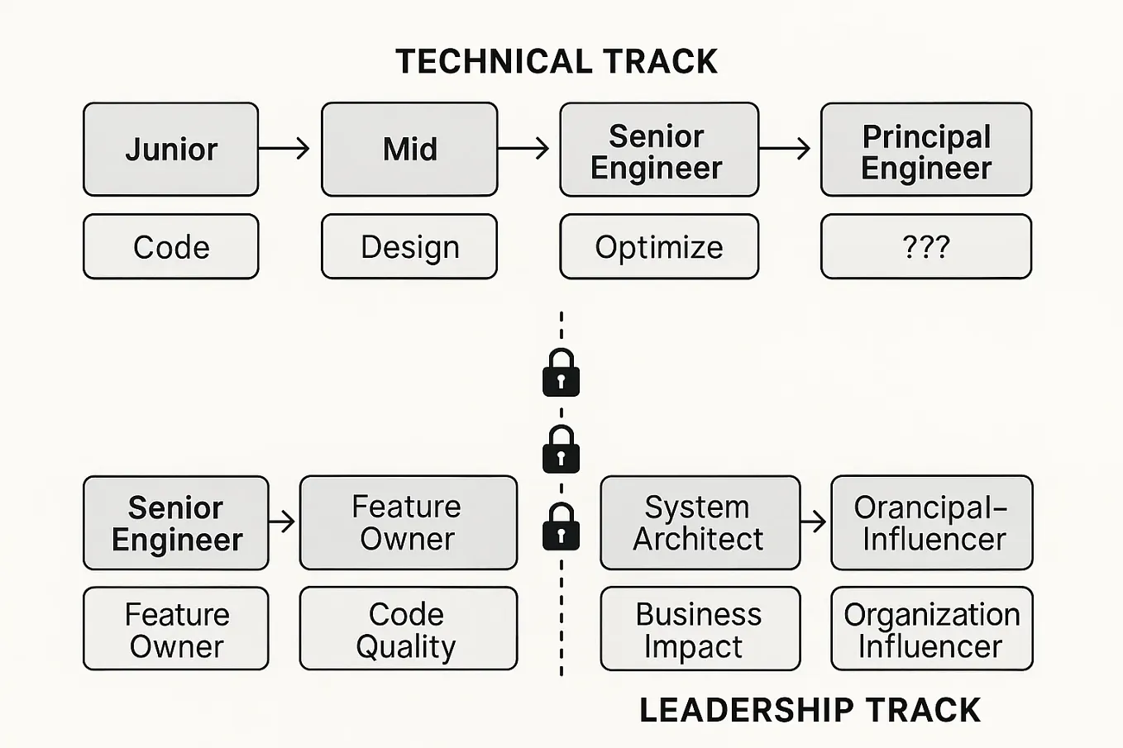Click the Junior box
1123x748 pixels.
(x=171, y=150)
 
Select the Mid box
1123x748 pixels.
(x=409, y=150)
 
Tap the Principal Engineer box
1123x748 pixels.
(x=926, y=150)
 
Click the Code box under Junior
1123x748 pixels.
(x=171, y=247)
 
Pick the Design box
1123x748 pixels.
(x=409, y=247)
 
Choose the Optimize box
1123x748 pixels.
(x=659, y=247)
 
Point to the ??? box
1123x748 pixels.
(x=926, y=247)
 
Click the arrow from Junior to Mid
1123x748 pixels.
(x=284, y=149)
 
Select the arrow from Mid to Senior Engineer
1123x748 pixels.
(x=523, y=149)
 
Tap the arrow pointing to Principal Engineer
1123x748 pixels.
(x=785, y=149)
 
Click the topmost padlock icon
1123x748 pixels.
(x=561, y=373)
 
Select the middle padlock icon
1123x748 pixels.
(x=561, y=450)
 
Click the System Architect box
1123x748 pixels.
(x=700, y=522)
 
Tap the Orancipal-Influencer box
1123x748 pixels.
(x=932, y=522)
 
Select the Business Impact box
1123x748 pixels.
(x=700, y=629)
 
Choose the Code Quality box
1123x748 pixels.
(x=408, y=629)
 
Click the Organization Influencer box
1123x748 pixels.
(x=932, y=629)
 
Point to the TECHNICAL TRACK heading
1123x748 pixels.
(x=557, y=62)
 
